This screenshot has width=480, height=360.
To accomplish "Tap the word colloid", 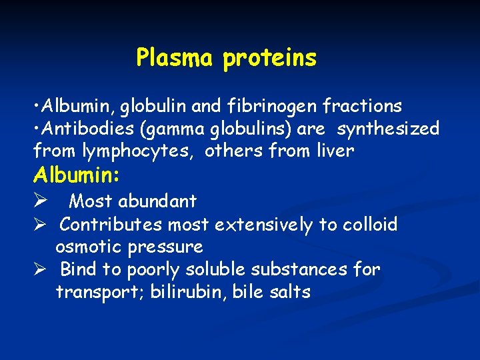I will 370,225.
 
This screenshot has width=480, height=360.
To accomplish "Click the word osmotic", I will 87,247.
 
